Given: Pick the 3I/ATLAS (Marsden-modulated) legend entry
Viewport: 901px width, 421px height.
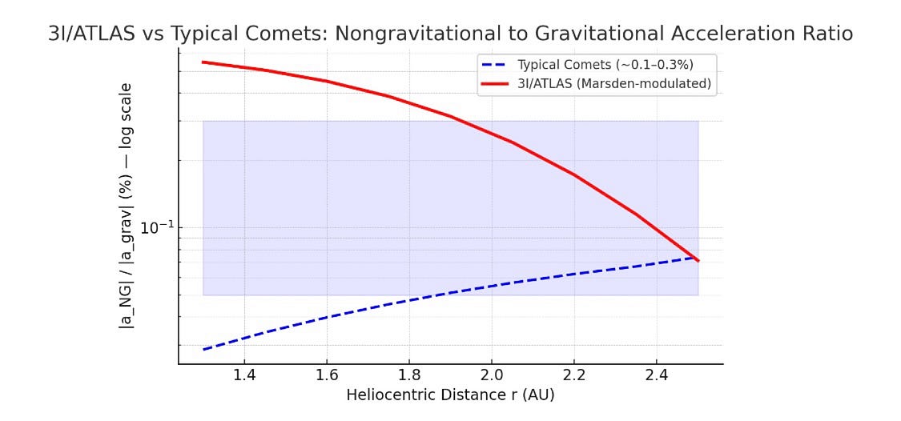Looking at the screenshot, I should (x=614, y=83).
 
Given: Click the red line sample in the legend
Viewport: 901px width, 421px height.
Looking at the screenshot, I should (x=496, y=83).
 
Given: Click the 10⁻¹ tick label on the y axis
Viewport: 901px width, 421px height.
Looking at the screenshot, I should (x=156, y=228).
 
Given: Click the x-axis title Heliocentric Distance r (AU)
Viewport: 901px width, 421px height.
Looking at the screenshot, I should (x=450, y=395).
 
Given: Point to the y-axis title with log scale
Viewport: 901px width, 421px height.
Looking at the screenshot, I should (x=127, y=205).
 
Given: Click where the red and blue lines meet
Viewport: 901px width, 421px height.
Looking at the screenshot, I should (x=696, y=259).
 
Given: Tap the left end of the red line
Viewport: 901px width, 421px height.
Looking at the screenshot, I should (x=203, y=62).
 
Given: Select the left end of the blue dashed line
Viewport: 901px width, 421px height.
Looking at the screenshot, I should (x=203, y=350).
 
